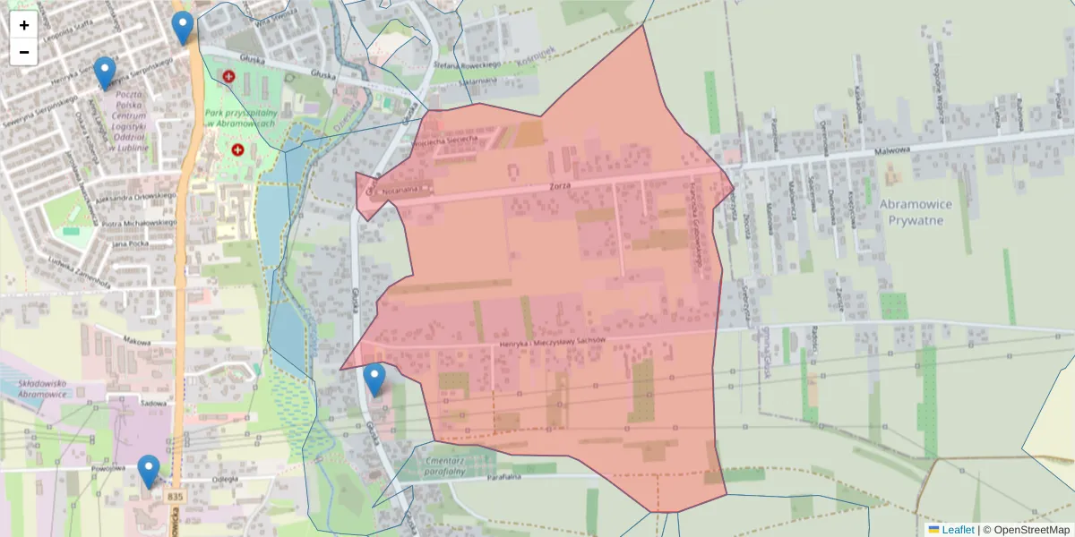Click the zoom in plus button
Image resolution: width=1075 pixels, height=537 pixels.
(24, 25)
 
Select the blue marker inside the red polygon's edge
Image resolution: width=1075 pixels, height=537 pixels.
(374, 379)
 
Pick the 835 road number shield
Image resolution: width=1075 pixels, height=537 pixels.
(175, 496)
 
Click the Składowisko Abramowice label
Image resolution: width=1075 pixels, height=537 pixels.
(56, 389)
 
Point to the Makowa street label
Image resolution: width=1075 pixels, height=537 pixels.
(137, 340)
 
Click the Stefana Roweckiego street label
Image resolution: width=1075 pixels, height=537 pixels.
(465, 65)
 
